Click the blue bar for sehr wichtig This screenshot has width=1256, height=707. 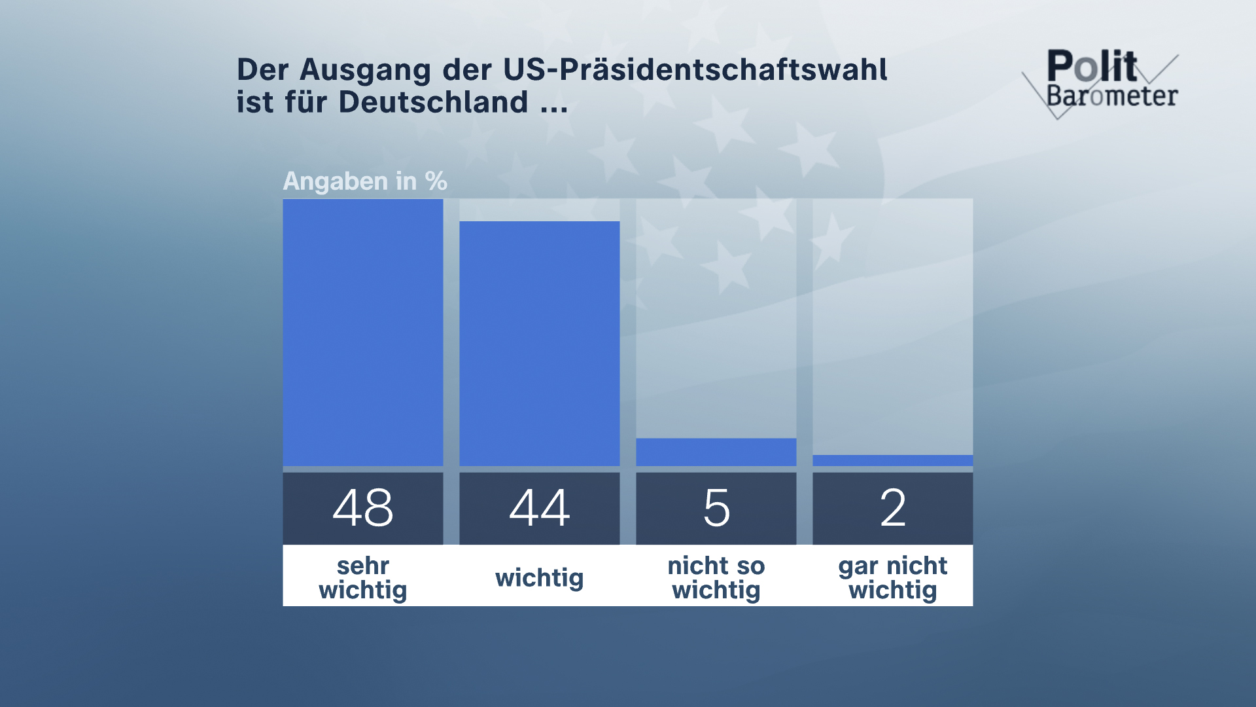pos(362,333)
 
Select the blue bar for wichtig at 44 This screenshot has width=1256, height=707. pos(539,344)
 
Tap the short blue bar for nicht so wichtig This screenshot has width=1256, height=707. pos(716,452)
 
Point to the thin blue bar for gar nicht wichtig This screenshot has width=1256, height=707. pos(892,460)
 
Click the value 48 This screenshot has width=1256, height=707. pos(362,508)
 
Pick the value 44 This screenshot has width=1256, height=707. pos(539,508)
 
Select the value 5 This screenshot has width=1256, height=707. pos(716,508)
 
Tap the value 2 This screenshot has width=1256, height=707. pos(893,508)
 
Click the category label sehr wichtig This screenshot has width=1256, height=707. pos(362,577)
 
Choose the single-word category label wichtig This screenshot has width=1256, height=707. pos(539,577)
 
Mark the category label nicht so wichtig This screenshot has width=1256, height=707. pos(716,577)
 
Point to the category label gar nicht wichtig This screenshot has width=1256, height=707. pos(893,577)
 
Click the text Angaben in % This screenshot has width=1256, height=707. pos(364,181)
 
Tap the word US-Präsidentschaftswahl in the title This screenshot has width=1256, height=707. pos(695,69)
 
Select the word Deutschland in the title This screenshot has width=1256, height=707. pos(433,102)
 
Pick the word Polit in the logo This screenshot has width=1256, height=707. pos(1092,65)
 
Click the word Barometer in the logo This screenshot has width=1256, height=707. pos(1112,96)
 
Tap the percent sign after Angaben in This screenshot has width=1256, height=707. pos(436,181)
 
